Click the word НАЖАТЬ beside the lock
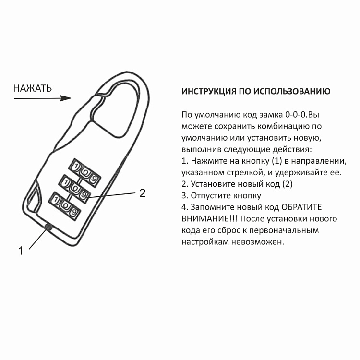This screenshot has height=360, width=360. [32, 88]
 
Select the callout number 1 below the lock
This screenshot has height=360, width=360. [21, 251]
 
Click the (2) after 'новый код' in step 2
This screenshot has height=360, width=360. [287, 184]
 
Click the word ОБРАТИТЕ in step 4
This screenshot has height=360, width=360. [300, 207]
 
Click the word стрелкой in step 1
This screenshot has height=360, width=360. [238, 172]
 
